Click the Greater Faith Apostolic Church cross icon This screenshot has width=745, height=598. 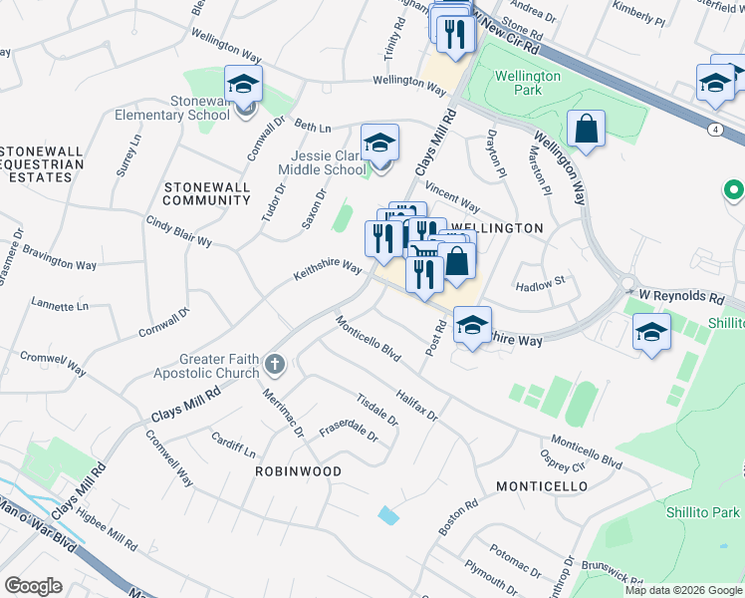pos(276,366)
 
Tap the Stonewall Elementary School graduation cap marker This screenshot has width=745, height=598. pos(242,84)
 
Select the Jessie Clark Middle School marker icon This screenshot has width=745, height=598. pos(379,144)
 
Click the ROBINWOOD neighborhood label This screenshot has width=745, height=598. pos(298,470)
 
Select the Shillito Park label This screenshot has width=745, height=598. pos(703,512)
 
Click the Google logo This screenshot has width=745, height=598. pos(33,586)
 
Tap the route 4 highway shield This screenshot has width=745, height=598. pos(715,130)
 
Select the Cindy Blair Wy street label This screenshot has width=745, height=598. pos(179,232)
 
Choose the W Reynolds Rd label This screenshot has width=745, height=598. pos(680,297)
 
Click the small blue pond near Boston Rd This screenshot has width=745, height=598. pos(388,515)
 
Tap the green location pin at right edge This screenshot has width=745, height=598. pos(734,188)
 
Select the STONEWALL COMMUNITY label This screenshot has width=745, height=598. pos(207,193)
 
